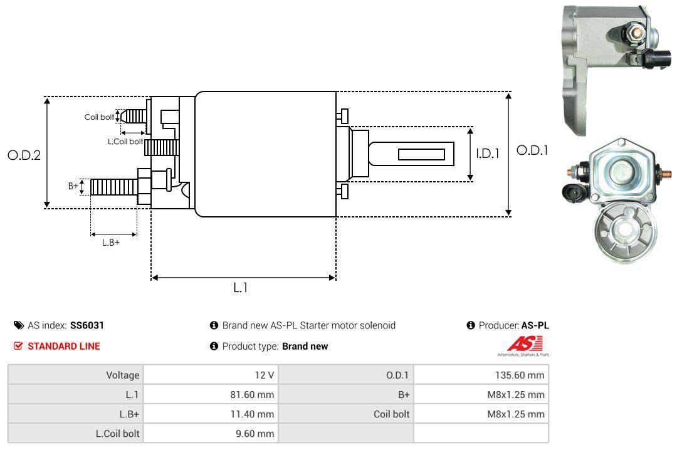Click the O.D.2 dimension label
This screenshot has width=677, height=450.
[x=24, y=155]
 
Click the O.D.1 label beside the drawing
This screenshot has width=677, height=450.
[x=532, y=150]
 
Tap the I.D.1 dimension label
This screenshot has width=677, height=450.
[x=486, y=153]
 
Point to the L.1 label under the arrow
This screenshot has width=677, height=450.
[x=241, y=288]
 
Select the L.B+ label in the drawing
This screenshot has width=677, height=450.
[x=111, y=242]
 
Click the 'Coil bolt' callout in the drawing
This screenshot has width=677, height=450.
[x=99, y=117]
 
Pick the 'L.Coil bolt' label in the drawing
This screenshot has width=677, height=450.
[x=125, y=142]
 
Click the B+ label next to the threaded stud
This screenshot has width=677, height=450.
[x=73, y=186]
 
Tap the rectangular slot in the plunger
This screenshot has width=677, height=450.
[x=421, y=154]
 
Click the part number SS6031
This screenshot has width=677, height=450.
[x=87, y=325]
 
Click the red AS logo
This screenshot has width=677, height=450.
[x=520, y=344]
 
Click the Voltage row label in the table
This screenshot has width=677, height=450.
[x=122, y=375]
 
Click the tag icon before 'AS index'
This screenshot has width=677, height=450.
[x=19, y=325]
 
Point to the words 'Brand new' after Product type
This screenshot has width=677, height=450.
[x=305, y=346]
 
